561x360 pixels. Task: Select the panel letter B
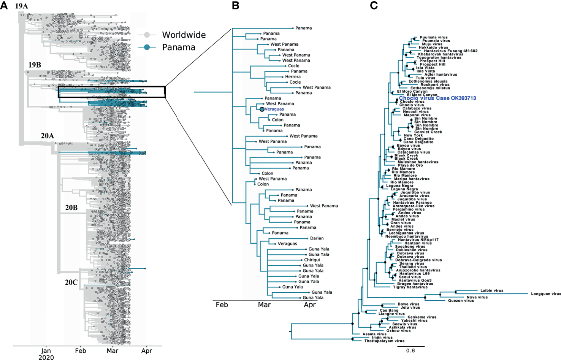[x=236, y=6]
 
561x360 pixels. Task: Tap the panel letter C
[x=374, y=6]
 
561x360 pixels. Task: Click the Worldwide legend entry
[x=184, y=35]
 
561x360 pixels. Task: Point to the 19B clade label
[x=35, y=65]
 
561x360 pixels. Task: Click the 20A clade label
[x=48, y=136]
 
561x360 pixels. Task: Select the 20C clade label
[x=71, y=282]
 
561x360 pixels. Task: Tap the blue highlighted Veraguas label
[x=274, y=109]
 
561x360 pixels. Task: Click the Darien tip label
[x=317, y=238]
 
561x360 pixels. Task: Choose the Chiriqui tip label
[x=312, y=260]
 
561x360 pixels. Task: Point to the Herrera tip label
[x=293, y=77]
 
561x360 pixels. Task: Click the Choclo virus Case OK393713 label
[x=437, y=98]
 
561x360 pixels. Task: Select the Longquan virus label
[x=546, y=294]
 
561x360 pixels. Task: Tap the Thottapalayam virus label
[x=384, y=341]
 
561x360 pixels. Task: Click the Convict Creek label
[x=428, y=132]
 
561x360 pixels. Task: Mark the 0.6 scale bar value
[x=410, y=351]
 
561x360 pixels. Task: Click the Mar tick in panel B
[x=264, y=305]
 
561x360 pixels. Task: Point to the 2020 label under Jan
[x=46, y=357]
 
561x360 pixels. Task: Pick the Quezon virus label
[x=461, y=301]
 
